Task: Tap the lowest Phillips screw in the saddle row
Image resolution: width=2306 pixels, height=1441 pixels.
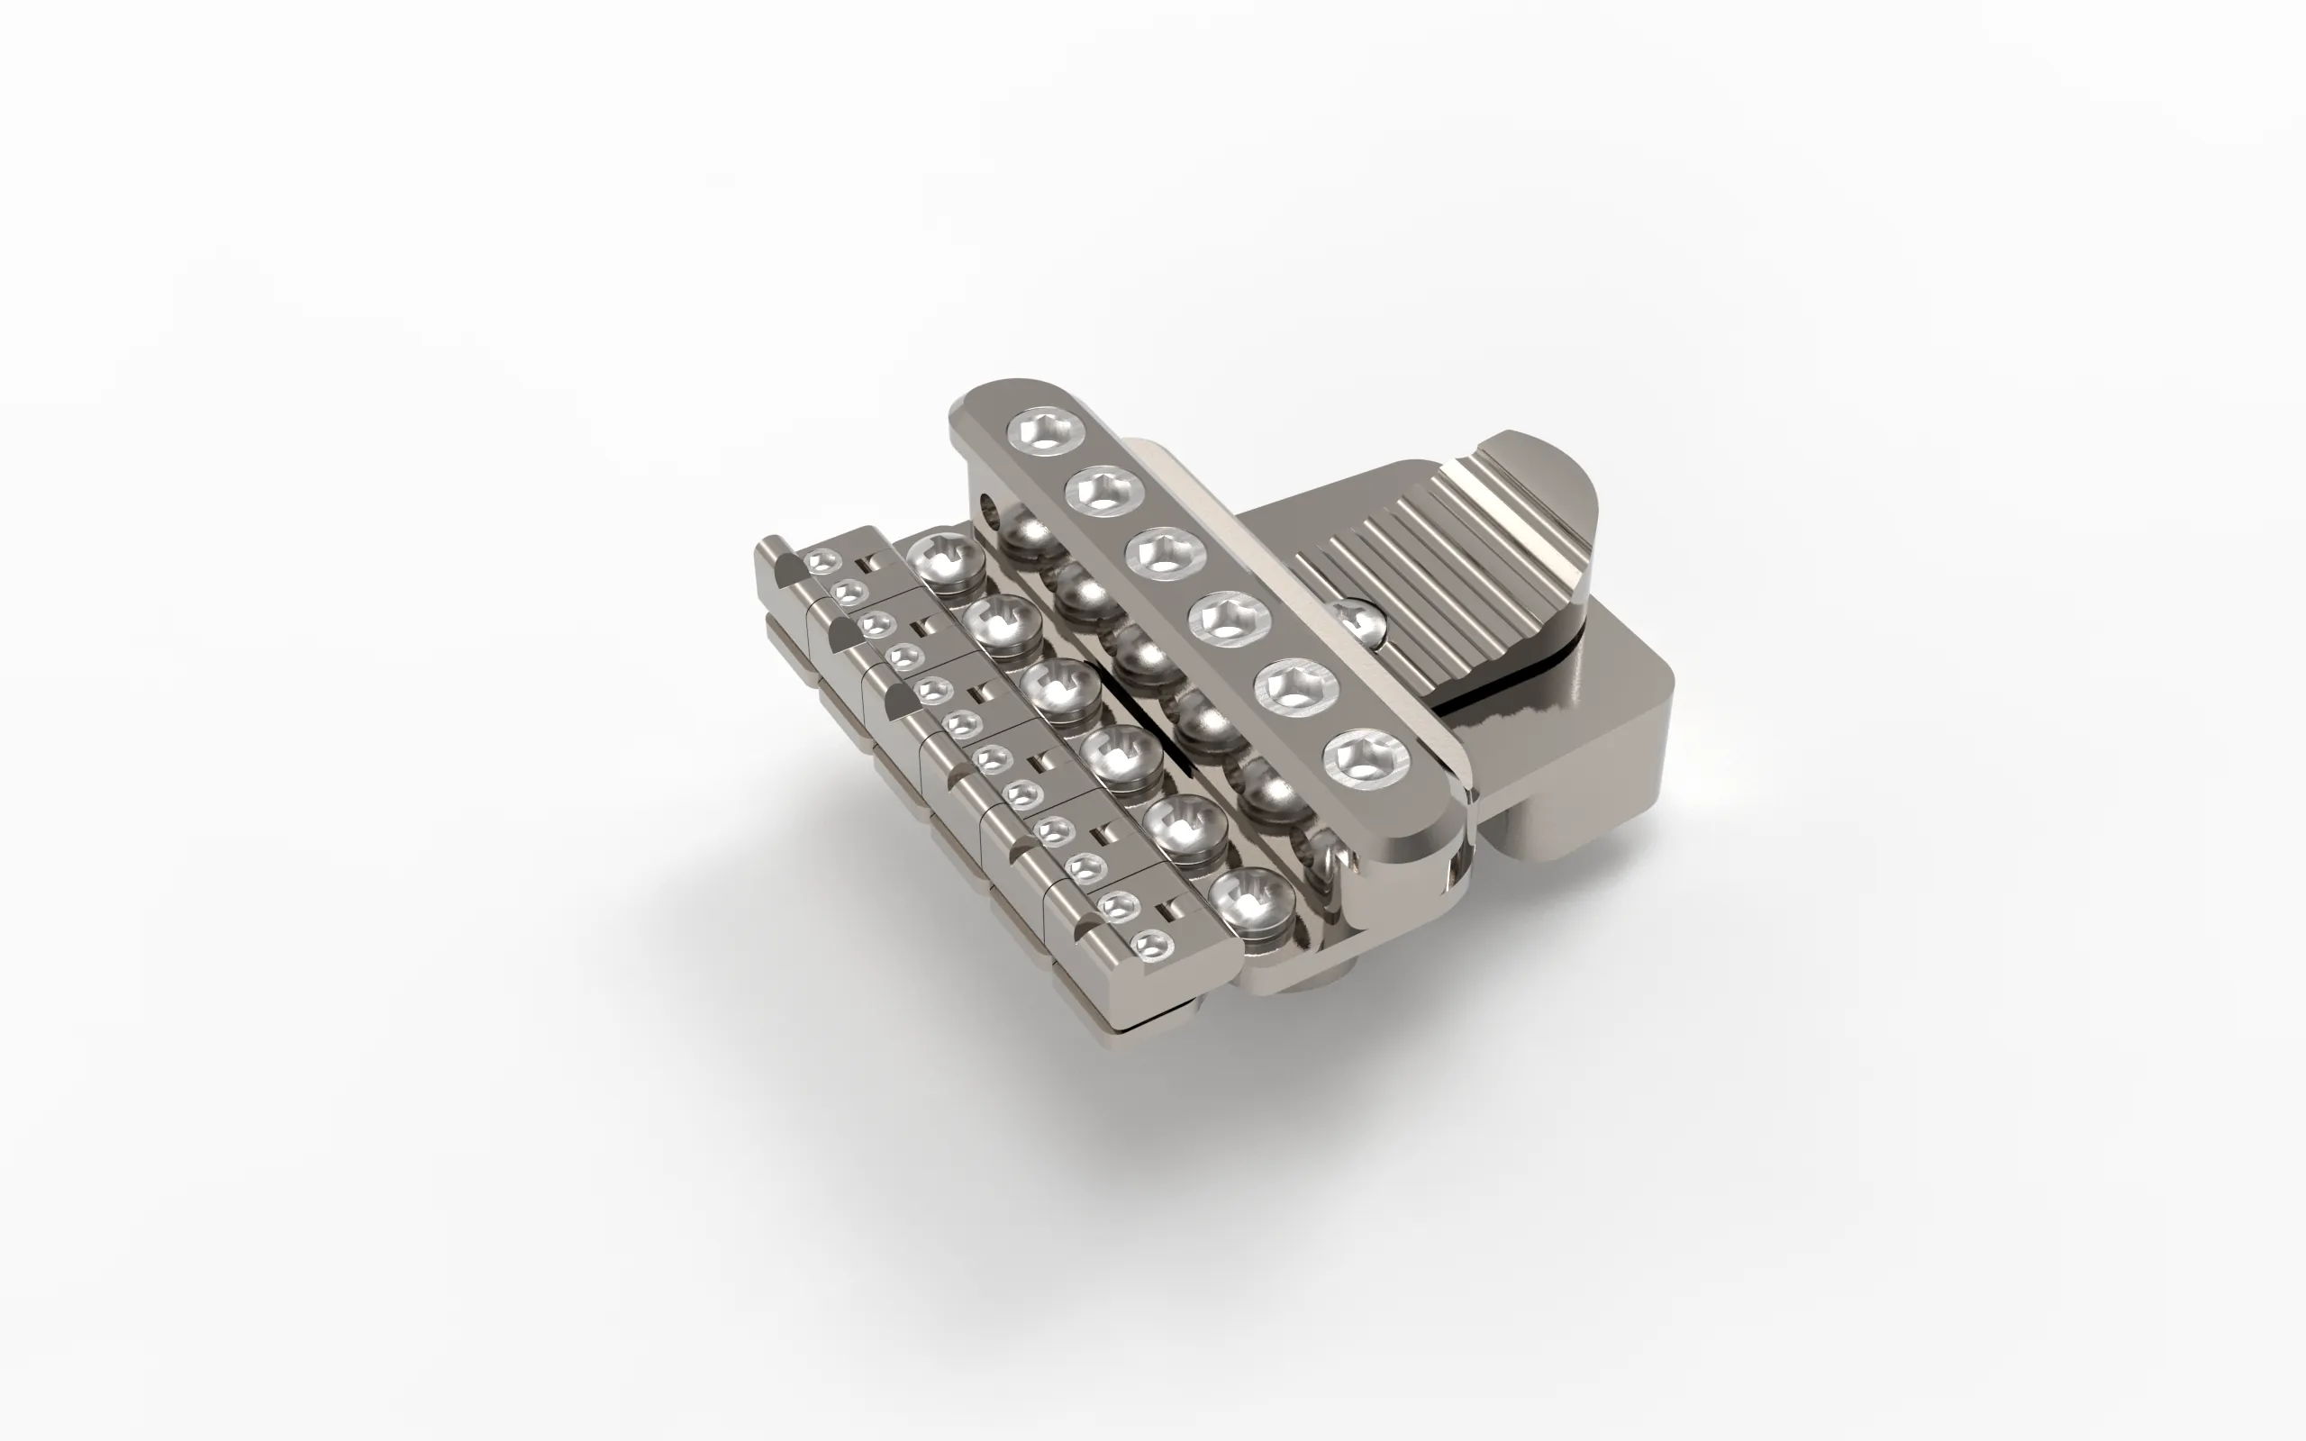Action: [x=1249, y=899]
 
